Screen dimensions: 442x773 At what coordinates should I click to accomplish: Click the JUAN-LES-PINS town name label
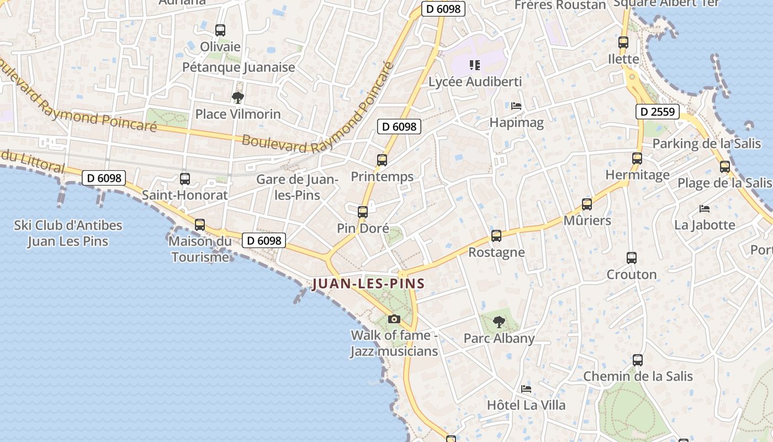[368, 284]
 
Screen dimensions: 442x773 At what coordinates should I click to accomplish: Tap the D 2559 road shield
[656, 112]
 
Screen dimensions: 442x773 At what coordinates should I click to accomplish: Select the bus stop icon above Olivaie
[220, 30]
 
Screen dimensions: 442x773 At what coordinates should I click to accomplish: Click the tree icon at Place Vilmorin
[238, 98]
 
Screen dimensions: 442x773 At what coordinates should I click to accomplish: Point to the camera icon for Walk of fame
[394, 319]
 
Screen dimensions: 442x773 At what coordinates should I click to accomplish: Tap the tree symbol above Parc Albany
[499, 322]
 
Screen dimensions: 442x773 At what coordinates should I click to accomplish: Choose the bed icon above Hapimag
[516, 106]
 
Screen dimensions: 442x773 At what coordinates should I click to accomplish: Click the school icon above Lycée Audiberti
[475, 65]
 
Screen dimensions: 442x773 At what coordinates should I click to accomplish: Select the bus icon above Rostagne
[496, 236]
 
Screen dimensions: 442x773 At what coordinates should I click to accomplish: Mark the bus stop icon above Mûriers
[587, 204]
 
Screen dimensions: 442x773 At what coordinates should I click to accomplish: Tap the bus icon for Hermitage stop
[637, 159]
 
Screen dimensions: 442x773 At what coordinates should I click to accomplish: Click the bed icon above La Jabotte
[705, 209]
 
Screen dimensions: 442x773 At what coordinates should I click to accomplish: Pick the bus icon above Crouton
[632, 258]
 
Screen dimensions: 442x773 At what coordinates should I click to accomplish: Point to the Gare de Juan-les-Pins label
[297, 187]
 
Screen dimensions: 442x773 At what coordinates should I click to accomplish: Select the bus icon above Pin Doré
[363, 212]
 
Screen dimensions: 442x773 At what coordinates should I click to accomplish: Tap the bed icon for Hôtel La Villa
[526, 389]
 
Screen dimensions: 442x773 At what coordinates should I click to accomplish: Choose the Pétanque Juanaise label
[239, 67]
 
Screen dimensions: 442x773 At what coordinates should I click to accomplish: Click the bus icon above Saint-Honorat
[185, 179]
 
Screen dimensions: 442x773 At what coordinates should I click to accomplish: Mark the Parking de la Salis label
[707, 144]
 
